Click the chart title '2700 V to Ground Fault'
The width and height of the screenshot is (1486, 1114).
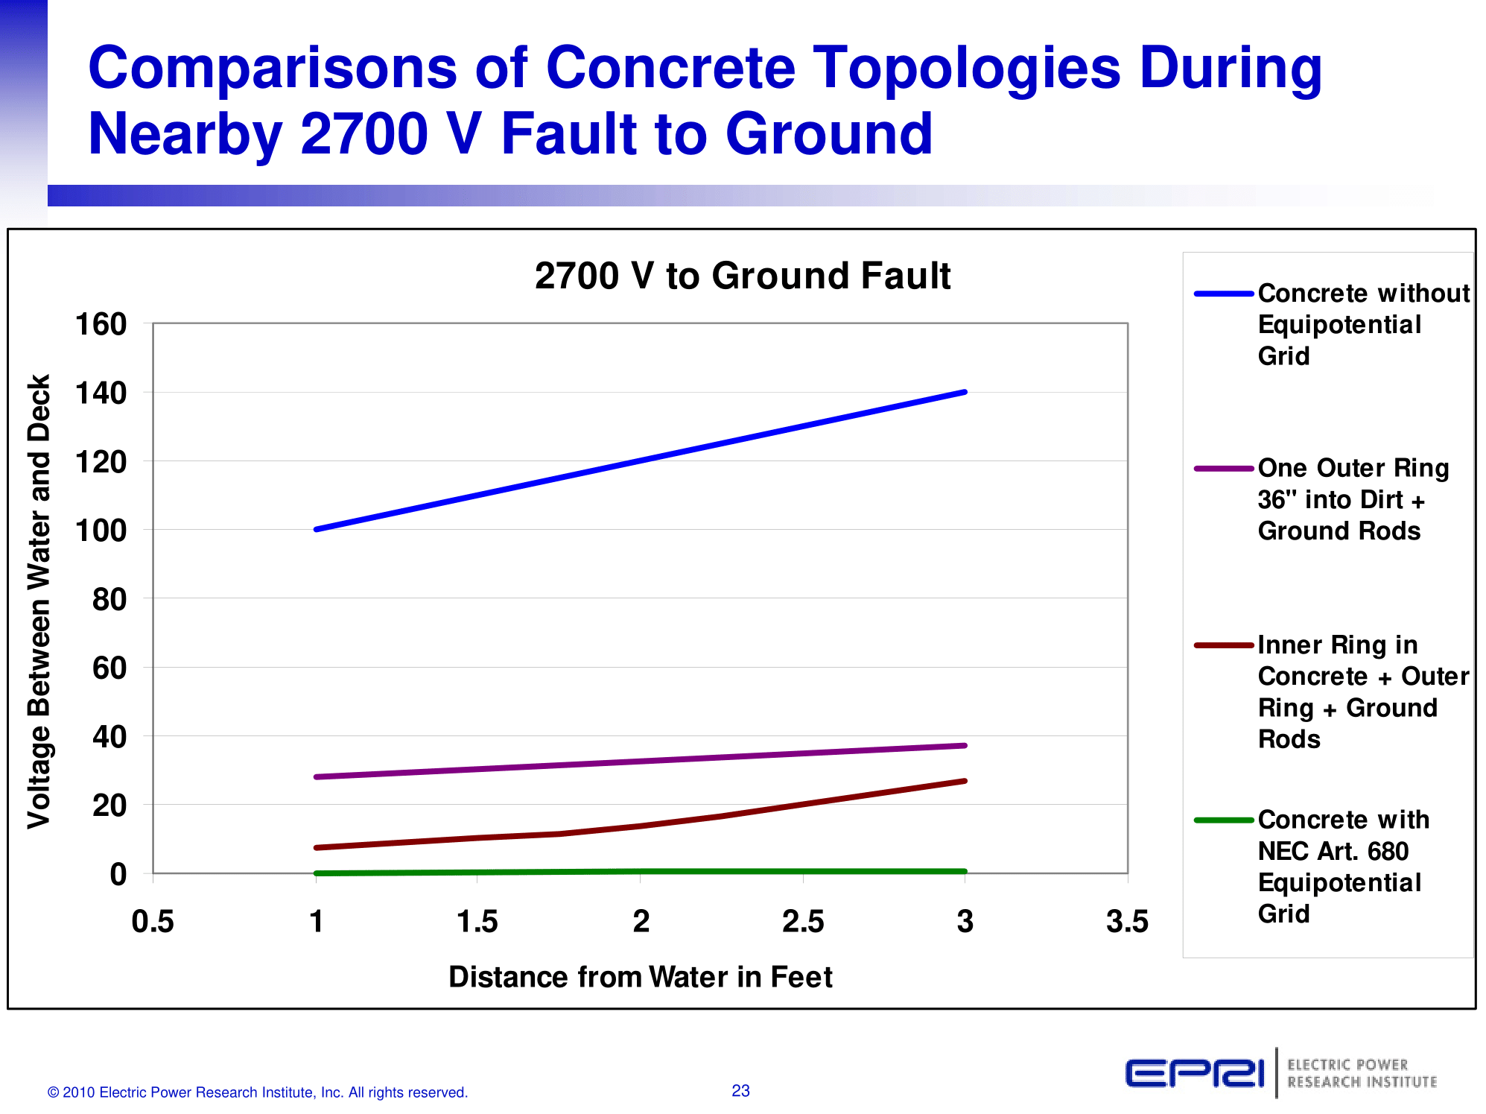[742, 276]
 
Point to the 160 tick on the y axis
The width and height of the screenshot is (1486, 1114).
[101, 324]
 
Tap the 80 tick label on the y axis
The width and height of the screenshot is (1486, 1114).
[109, 599]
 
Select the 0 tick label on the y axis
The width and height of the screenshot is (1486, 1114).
[118, 874]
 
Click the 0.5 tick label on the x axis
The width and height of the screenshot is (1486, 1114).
[153, 922]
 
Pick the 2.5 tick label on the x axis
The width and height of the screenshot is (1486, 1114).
[802, 922]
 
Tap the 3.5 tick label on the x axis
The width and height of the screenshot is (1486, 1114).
[1127, 922]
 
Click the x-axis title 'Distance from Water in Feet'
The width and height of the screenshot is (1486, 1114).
[640, 977]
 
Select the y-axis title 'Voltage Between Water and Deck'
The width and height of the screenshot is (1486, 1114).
[39, 601]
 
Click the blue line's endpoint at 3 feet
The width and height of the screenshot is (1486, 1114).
[965, 392]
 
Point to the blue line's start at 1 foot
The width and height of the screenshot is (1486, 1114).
[316, 529]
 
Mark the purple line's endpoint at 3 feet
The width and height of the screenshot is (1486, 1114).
[965, 745]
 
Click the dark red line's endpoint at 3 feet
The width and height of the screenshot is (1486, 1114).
[965, 781]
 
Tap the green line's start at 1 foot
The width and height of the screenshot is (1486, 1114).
[316, 873]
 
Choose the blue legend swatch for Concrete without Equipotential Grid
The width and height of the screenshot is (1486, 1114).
[1224, 294]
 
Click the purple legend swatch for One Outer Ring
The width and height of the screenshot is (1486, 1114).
[1224, 469]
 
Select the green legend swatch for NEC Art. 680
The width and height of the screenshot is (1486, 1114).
[1224, 820]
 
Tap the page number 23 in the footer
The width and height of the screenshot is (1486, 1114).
[740, 1091]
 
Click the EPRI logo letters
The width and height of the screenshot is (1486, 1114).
[1194, 1074]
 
